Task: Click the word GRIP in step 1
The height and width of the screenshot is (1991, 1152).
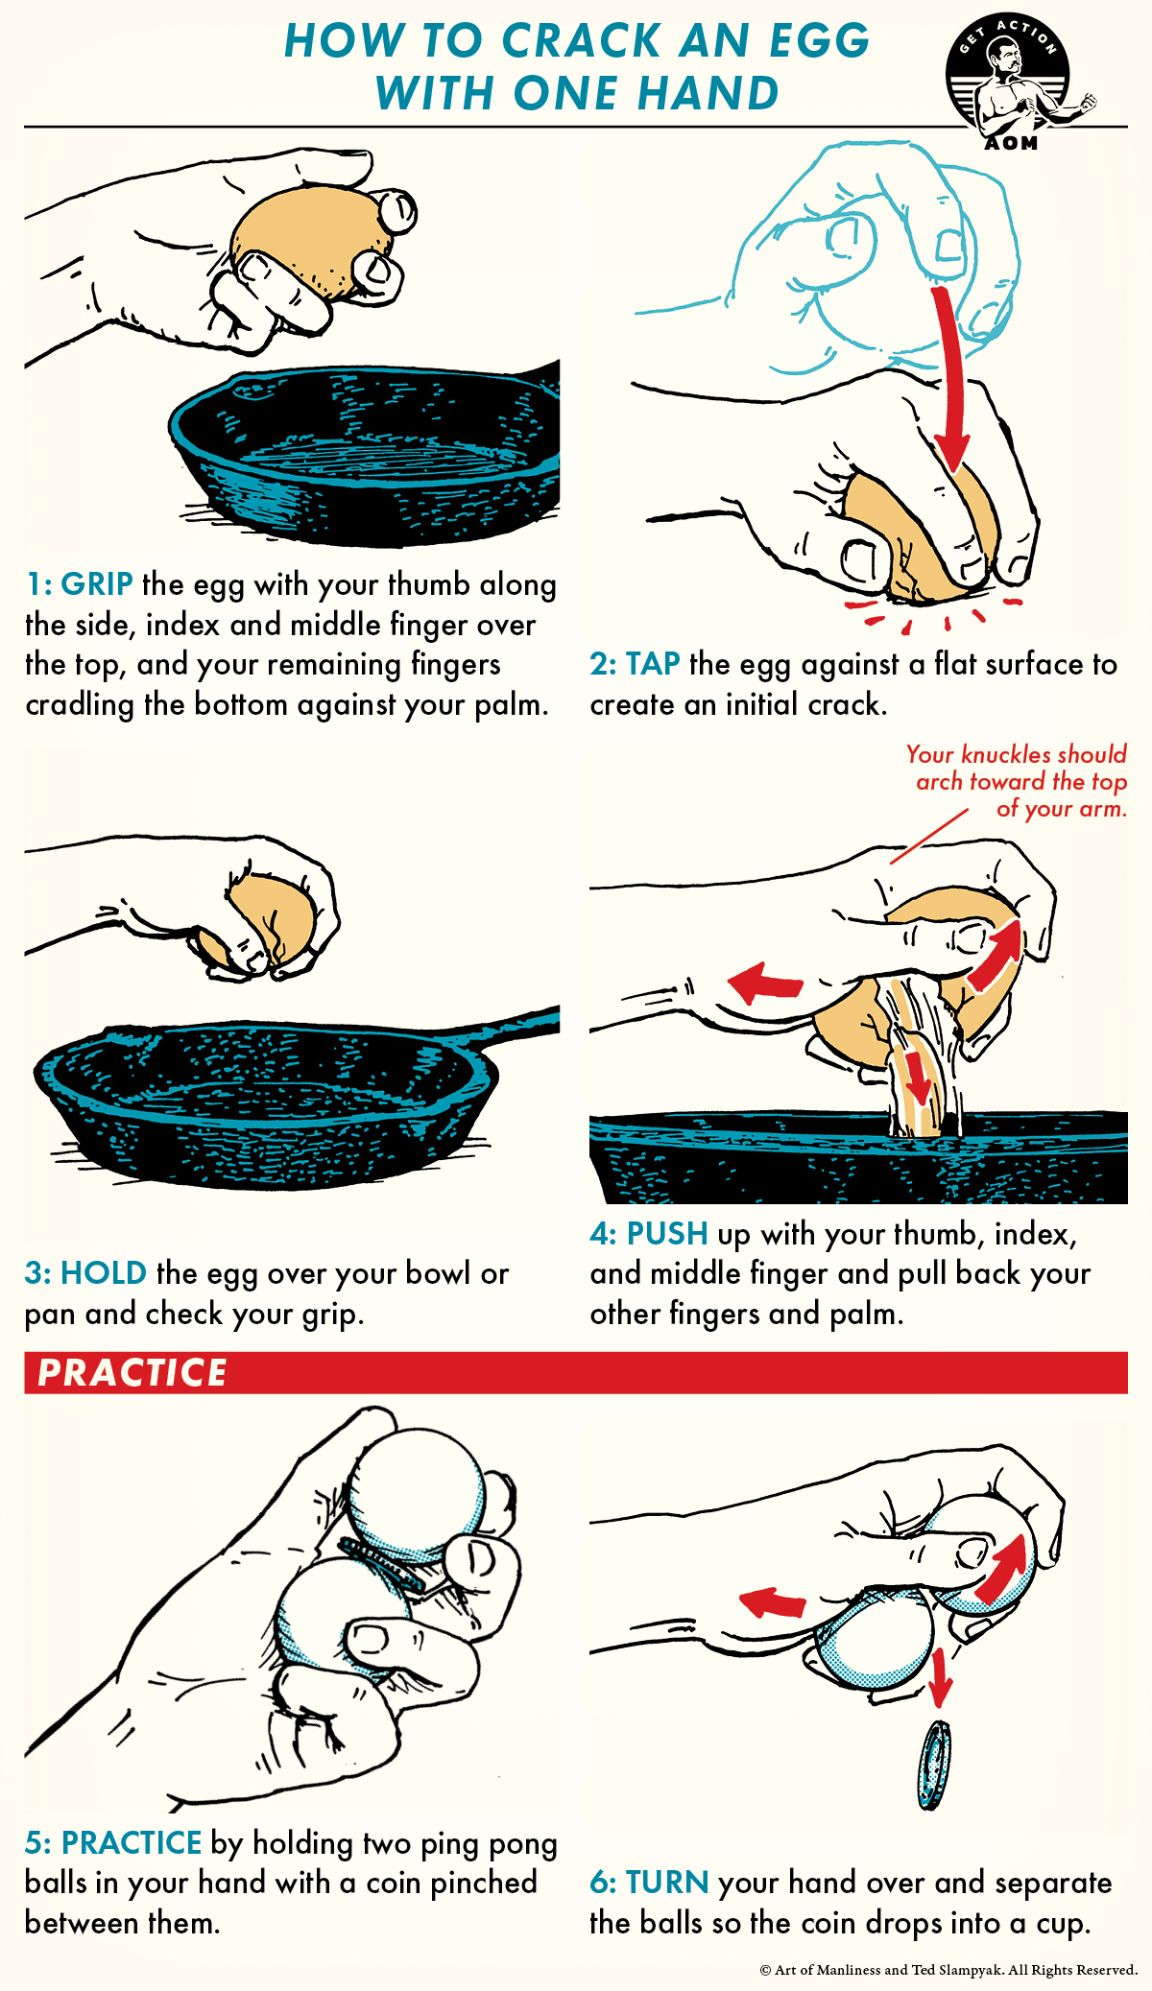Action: pos(96,584)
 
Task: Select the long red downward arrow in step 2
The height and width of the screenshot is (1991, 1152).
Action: pos(949,384)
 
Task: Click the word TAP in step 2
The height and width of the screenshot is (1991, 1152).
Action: pos(653,664)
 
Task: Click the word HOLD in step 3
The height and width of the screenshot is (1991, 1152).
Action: pos(103,1273)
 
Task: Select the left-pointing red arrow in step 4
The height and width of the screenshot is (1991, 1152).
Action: pos(765,983)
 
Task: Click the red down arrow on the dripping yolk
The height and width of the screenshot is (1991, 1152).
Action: pos(918,1079)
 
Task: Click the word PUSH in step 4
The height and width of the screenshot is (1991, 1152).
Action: pos(667,1234)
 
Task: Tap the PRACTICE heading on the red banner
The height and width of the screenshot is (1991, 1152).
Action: pos(132,1372)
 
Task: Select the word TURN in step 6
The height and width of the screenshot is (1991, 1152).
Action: pos(667,1883)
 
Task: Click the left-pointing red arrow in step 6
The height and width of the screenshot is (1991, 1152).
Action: pos(773,1602)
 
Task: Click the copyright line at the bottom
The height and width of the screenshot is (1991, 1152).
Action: pos(948,1970)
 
